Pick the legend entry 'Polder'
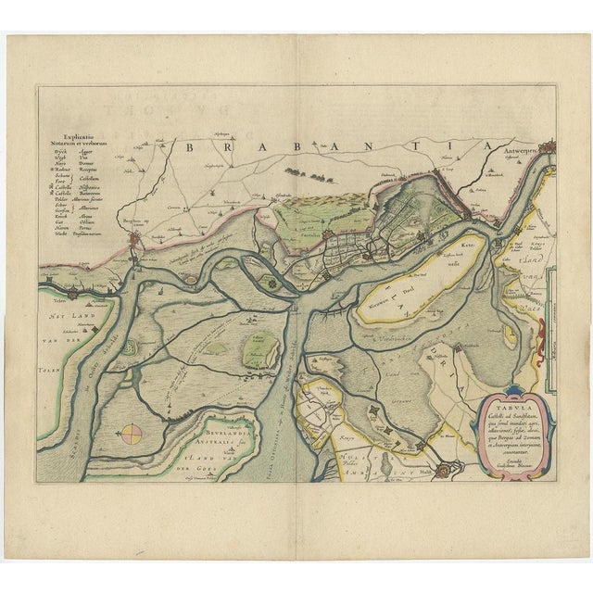[63, 196]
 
